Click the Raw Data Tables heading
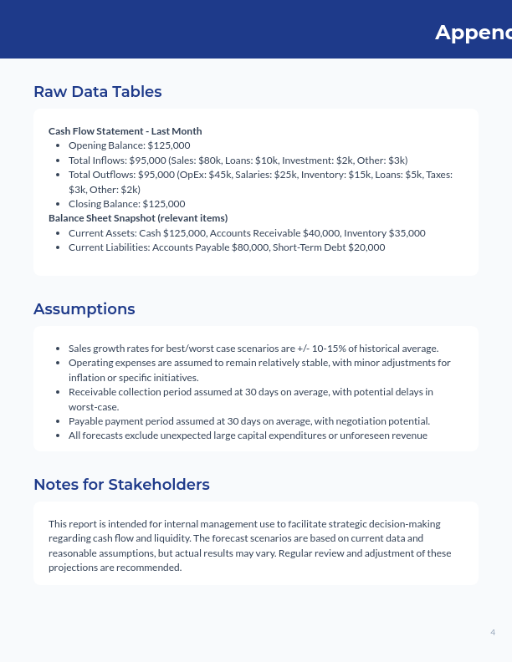pyautogui.click(x=97, y=92)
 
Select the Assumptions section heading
pyautogui.click(x=84, y=309)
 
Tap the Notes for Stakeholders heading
pyautogui.click(x=121, y=485)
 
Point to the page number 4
pyautogui.click(x=493, y=632)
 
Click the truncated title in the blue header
pyautogui.click(x=473, y=33)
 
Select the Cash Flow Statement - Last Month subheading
pyautogui.click(x=125, y=131)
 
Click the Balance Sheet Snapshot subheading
pyautogui.click(x=138, y=218)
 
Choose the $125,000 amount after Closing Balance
pyautogui.click(x=164, y=204)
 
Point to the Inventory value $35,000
pyautogui.click(x=404, y=233)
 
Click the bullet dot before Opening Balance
pyautogui.click(x=57, y=145)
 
